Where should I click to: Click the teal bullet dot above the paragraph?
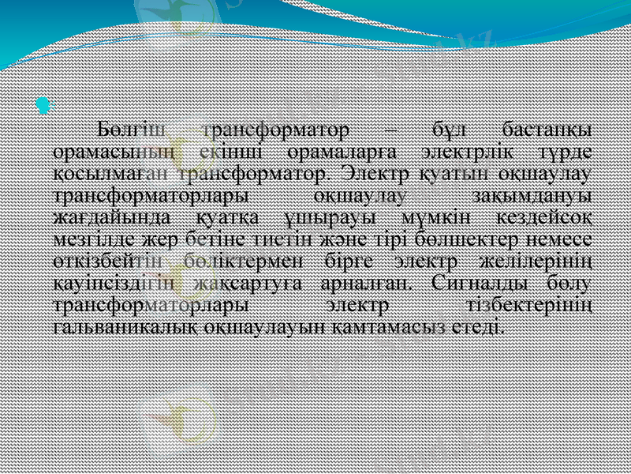(43, 103)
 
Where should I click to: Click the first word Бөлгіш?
(127, 129)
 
